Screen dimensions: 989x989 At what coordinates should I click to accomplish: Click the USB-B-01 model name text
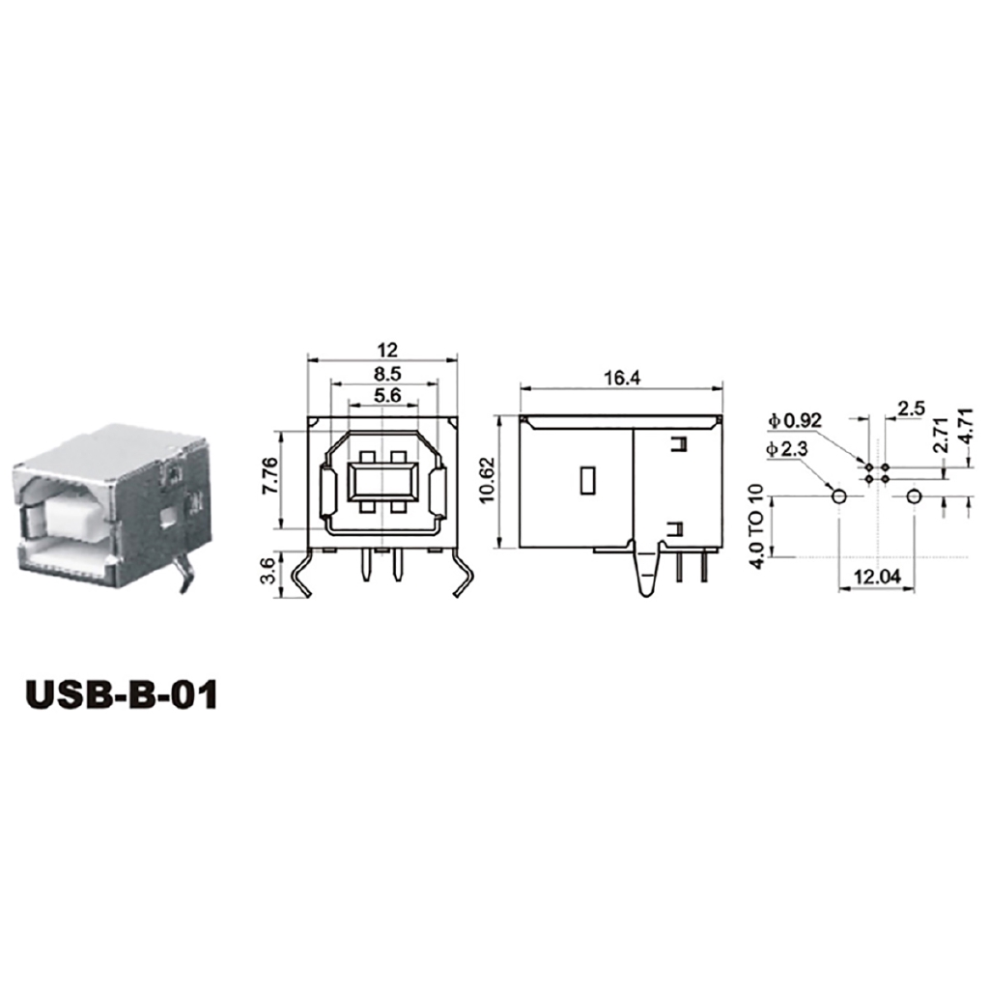[122, 694]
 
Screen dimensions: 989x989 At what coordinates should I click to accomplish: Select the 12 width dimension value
[386, 350]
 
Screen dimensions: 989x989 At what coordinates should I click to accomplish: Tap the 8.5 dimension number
[386, 374]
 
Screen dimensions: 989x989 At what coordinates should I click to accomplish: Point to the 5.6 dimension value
[386, 395]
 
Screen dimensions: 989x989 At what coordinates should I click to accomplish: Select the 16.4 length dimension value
[621, 378]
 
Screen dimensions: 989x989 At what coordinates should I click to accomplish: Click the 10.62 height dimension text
[489, 479]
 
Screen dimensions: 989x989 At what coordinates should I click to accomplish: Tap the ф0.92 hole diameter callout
[795, 421]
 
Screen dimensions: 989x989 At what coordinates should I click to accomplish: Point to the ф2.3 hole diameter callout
[787, 450]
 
